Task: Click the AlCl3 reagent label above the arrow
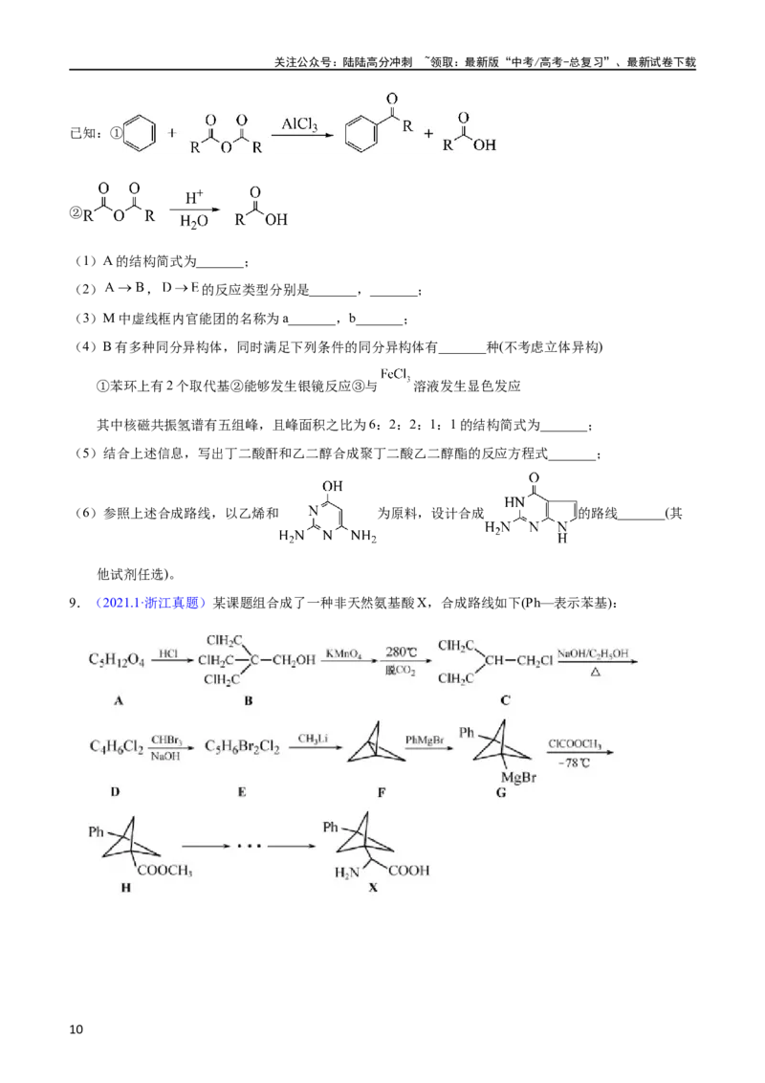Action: click(299, 124)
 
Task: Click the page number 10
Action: click(76, 1029)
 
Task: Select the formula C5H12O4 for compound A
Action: click(117, 660)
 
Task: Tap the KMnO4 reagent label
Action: click(343, 653)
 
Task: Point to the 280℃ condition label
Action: click(401, 652)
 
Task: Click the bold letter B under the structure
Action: click(249, 700)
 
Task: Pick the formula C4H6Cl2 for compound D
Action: click(117, 746)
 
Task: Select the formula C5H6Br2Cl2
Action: click(242, 746)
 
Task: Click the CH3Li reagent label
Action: click(313, 739)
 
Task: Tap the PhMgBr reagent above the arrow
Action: click(424, 740)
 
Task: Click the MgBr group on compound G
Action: click(518, 778)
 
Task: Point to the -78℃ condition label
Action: click(574, 763)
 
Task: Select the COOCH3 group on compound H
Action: click(164, 871)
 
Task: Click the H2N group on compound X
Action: click(346, 873)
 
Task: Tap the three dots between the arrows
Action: click(249, 846)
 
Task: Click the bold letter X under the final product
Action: click(374, 887)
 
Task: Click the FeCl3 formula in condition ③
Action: click(395, 375)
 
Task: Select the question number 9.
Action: click(75, 603)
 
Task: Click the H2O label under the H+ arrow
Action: click(193, 221)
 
